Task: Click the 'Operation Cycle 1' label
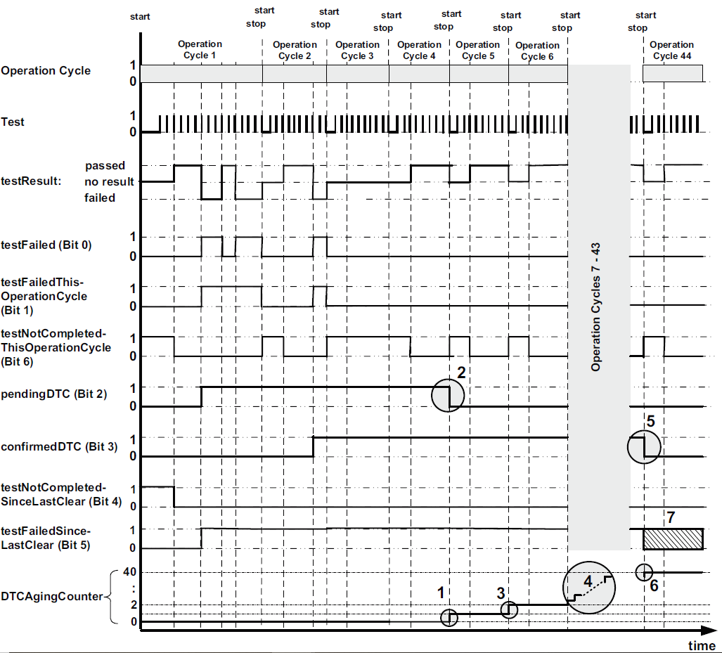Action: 200,49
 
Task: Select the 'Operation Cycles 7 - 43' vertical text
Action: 596,308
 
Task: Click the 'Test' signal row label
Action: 13,122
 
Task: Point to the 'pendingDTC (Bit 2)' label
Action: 54,394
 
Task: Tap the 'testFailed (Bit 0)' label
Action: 46,245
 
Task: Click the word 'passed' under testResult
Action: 105,166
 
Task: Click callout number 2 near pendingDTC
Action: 461,373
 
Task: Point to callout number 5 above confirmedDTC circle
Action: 650,422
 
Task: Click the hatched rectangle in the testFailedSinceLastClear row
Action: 673,538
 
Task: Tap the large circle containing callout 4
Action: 589,588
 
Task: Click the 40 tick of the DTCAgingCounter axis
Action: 129,571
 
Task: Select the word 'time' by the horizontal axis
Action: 701,645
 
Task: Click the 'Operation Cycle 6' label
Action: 538,51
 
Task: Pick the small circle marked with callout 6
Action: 643,572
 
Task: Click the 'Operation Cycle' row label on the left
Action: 46,71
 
